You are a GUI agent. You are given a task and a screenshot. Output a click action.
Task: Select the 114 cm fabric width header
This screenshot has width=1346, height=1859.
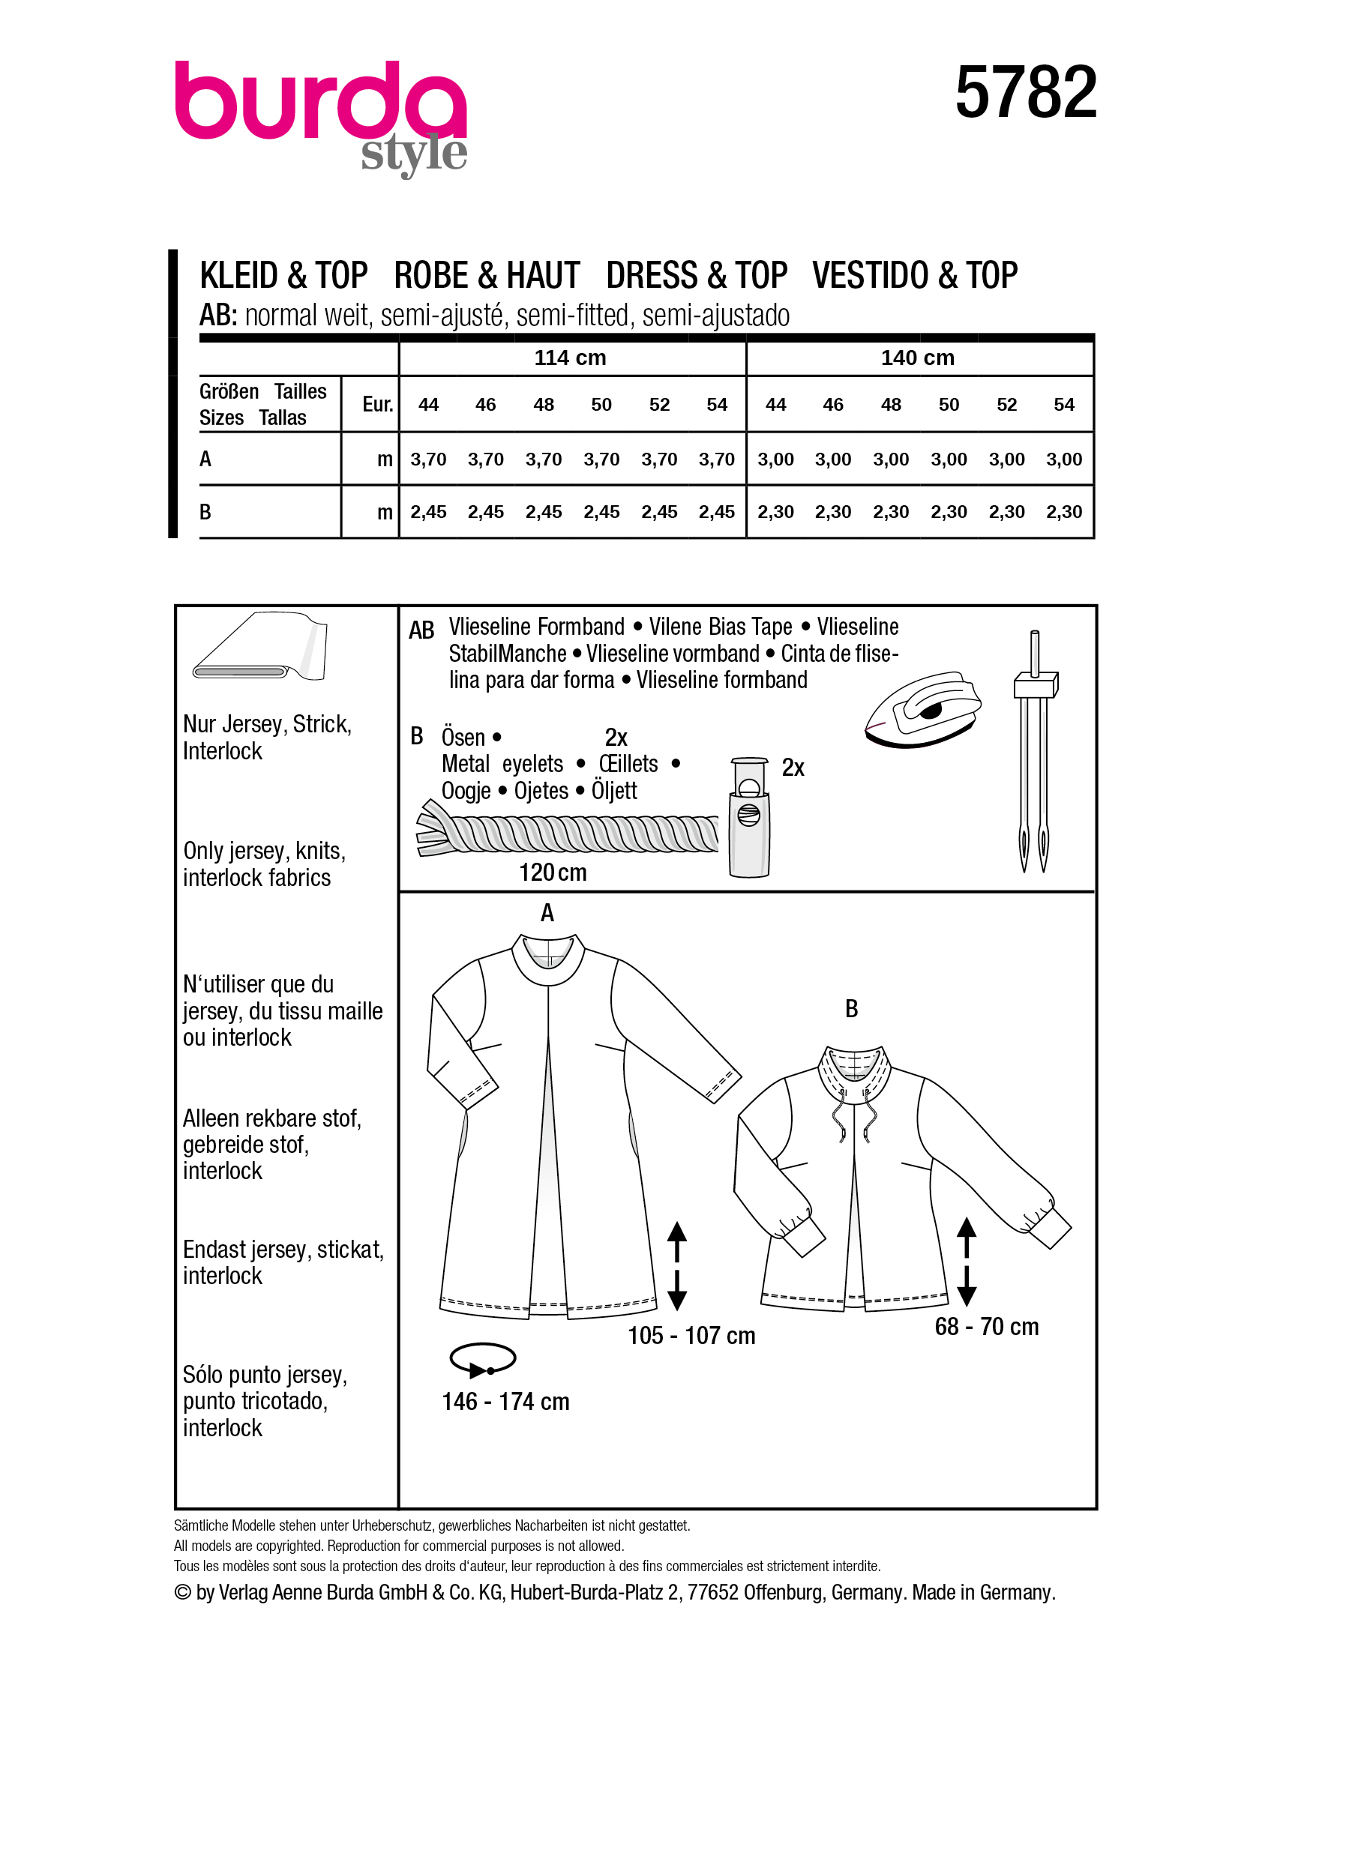point(570,358)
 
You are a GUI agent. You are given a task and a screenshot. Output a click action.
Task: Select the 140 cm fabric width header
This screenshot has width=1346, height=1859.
point(917,358)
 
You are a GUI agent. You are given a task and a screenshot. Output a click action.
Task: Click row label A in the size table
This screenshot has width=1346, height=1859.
point(205,459)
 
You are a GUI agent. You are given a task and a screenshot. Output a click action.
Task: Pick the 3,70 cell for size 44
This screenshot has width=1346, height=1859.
point(428,460)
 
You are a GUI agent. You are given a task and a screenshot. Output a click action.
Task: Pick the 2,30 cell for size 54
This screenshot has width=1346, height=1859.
point(1063,512)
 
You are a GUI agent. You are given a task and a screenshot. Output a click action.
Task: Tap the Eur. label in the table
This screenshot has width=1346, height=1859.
point(377,404)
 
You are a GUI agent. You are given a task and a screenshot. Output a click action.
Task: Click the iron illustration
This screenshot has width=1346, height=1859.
point(922,710)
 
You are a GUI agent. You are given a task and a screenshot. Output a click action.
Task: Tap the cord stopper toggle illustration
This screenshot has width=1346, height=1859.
point(749,817)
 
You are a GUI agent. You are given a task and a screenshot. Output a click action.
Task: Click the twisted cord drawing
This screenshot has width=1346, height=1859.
point(569,834)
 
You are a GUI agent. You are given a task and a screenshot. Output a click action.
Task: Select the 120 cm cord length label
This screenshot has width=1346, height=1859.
point(553,872)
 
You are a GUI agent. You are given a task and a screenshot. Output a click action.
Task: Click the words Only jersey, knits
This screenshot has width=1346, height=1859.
point(264,851)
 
